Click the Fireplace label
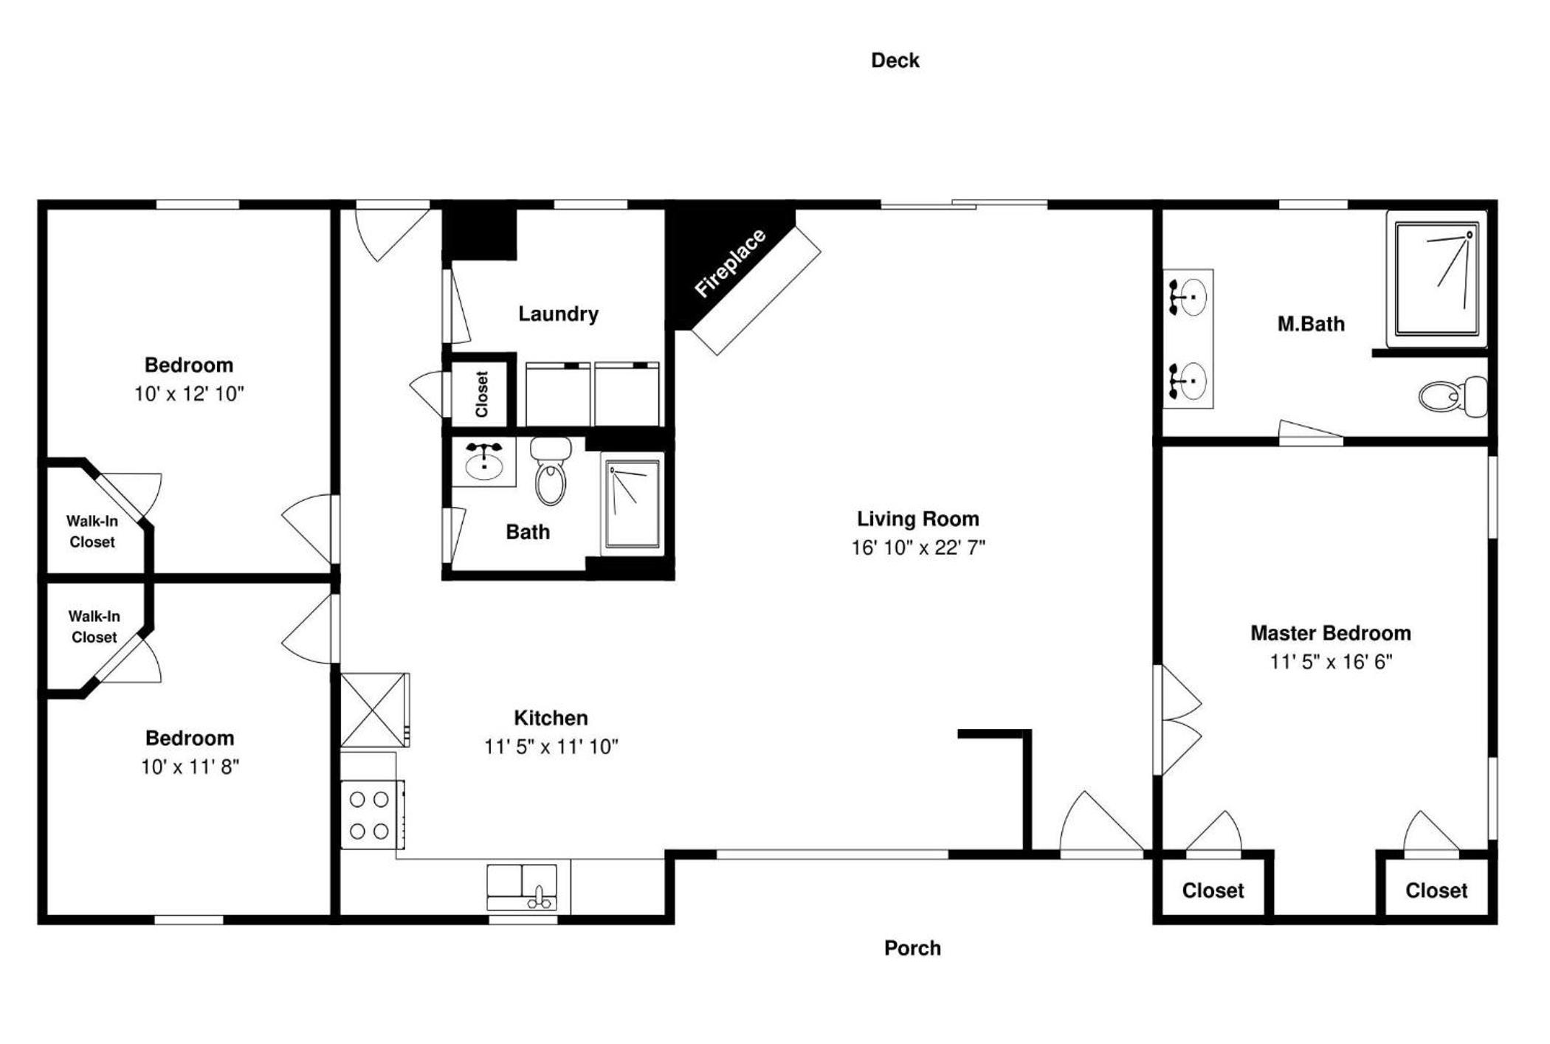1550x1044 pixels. point(731,263)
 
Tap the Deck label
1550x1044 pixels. point(895,61)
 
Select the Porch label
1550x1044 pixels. point(912,948)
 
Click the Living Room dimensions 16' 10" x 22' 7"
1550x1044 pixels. point(918,547)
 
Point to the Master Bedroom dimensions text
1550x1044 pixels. point(1330,662)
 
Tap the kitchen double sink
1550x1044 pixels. point(522,887)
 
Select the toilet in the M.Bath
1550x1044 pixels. point(1453,396)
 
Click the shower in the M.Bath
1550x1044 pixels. point(1436,279)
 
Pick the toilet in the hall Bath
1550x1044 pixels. point(551,471)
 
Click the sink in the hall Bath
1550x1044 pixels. point(483,462)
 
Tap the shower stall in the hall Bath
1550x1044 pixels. point(633,504)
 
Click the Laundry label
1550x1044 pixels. point(558,314)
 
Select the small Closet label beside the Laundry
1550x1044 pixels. point(482,394)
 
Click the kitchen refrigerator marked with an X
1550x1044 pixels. point(373,710)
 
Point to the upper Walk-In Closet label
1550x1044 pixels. point(92,531)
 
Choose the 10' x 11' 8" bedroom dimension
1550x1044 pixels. point(190,767)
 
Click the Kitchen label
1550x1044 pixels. point(551,718)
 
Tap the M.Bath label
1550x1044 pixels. point(1311,324)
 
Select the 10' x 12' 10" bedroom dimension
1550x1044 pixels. point(189,394)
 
